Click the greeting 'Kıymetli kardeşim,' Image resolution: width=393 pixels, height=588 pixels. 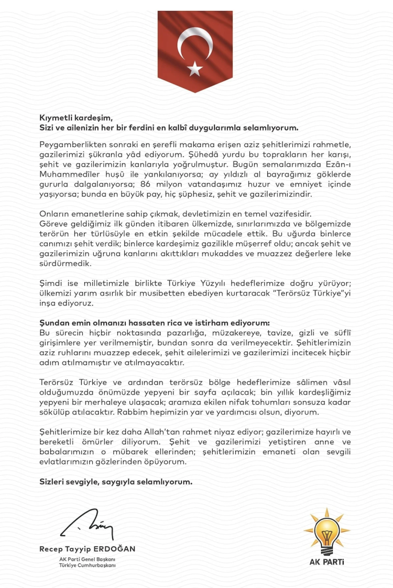coord(76,117)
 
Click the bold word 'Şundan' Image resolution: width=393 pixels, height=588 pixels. coord(55,322)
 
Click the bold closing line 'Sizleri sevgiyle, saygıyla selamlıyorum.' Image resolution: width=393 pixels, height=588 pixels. coord(116,482)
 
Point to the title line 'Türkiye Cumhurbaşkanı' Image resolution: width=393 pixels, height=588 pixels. coord(88,565)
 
